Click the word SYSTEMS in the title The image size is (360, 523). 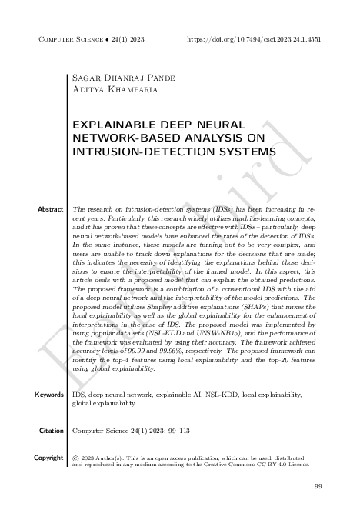238,152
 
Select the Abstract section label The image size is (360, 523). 50,209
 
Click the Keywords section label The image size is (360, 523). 49,395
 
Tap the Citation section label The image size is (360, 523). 51,431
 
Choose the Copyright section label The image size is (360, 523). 48,458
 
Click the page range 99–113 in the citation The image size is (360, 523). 182,431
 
